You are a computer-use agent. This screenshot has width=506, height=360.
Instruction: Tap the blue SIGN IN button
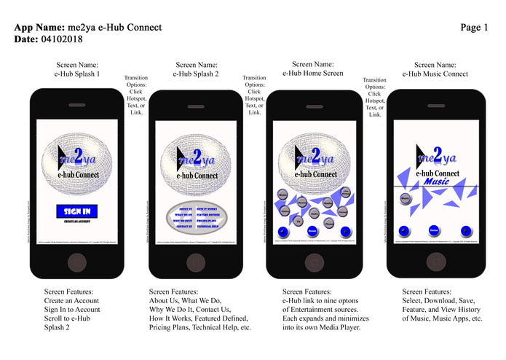(x=77, y=211)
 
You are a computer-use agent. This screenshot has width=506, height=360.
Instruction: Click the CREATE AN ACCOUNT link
(x=77, y=222)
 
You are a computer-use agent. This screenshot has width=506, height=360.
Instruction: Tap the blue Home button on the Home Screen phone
(x=312, y=231)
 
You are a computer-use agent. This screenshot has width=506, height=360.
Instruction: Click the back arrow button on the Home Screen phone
(x=282, y=232)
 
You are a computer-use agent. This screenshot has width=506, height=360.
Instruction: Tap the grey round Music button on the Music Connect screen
(x=406, y=197)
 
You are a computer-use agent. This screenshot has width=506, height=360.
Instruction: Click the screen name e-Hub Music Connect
(x=435, y=74)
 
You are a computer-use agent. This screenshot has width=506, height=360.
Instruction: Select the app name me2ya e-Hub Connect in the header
(x=114, y=27)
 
